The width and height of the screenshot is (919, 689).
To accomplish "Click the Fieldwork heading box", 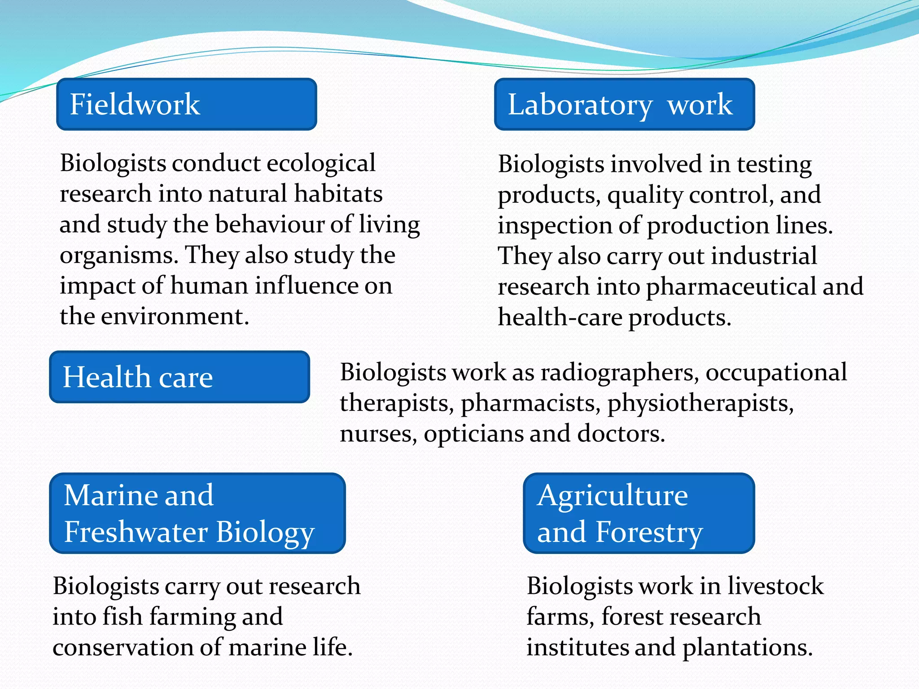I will click(186, 104).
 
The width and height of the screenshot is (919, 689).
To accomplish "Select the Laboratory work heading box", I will click(624, 104).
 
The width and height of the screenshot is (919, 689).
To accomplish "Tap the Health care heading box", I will click(179, 377).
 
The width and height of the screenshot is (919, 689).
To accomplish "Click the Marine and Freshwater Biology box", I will click(197, 513).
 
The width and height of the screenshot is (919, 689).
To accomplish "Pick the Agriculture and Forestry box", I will click(639, 513).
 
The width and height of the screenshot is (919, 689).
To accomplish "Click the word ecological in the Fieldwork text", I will click(321, 163).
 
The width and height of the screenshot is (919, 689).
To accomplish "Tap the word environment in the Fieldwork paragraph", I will click(175, 317).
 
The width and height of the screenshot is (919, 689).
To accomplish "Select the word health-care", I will click(560, 318).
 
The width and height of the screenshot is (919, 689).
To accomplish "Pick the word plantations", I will click(747, 648).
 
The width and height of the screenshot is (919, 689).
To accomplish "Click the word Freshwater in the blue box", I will click(136, 532).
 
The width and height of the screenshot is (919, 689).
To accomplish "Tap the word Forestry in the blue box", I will click(649, 532).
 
